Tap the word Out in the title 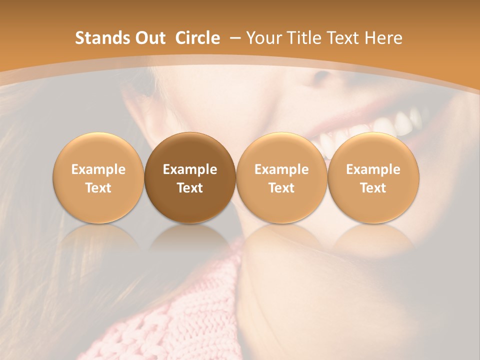[x=148, y=38]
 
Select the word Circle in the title [x=197, y=38]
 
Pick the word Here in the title [x=383, y=38]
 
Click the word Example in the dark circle [x=190, y=169]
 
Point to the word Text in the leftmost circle [x=98, y=188]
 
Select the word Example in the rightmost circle [x=373, y=169]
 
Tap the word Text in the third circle [x=281, y=188]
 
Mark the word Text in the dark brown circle [x=190, y=188]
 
